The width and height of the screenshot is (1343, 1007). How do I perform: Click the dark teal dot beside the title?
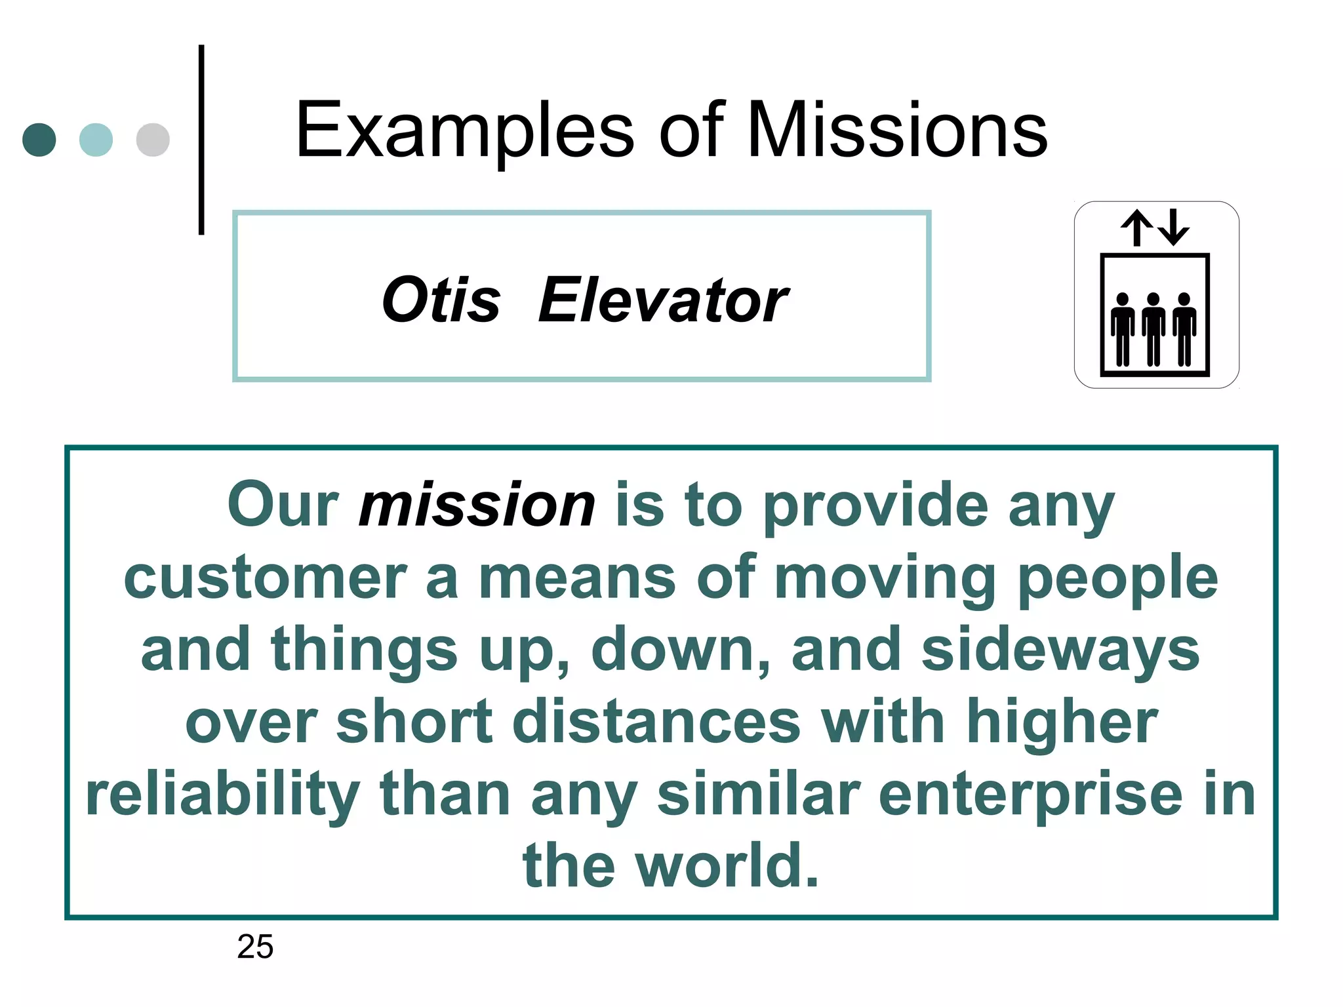click(x=39, y=140)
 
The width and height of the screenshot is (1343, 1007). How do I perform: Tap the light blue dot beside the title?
click(x=96, y=140)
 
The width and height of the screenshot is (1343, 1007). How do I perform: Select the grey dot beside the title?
click(x=153, y=140)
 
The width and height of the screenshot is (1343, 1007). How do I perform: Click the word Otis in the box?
click(x=441, y=300)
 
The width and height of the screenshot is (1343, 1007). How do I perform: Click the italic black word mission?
click(x=477, y=505)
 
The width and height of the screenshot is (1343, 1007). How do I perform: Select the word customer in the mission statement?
click(x=265, y=578)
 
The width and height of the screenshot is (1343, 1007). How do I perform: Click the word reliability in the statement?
click(x=223, y=795)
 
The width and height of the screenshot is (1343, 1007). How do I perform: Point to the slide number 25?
click(x=255, y=947)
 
